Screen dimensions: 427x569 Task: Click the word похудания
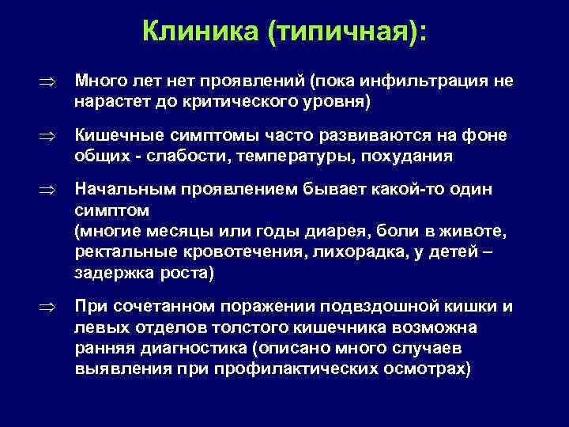pyautogui.click(x=408, y=157)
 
